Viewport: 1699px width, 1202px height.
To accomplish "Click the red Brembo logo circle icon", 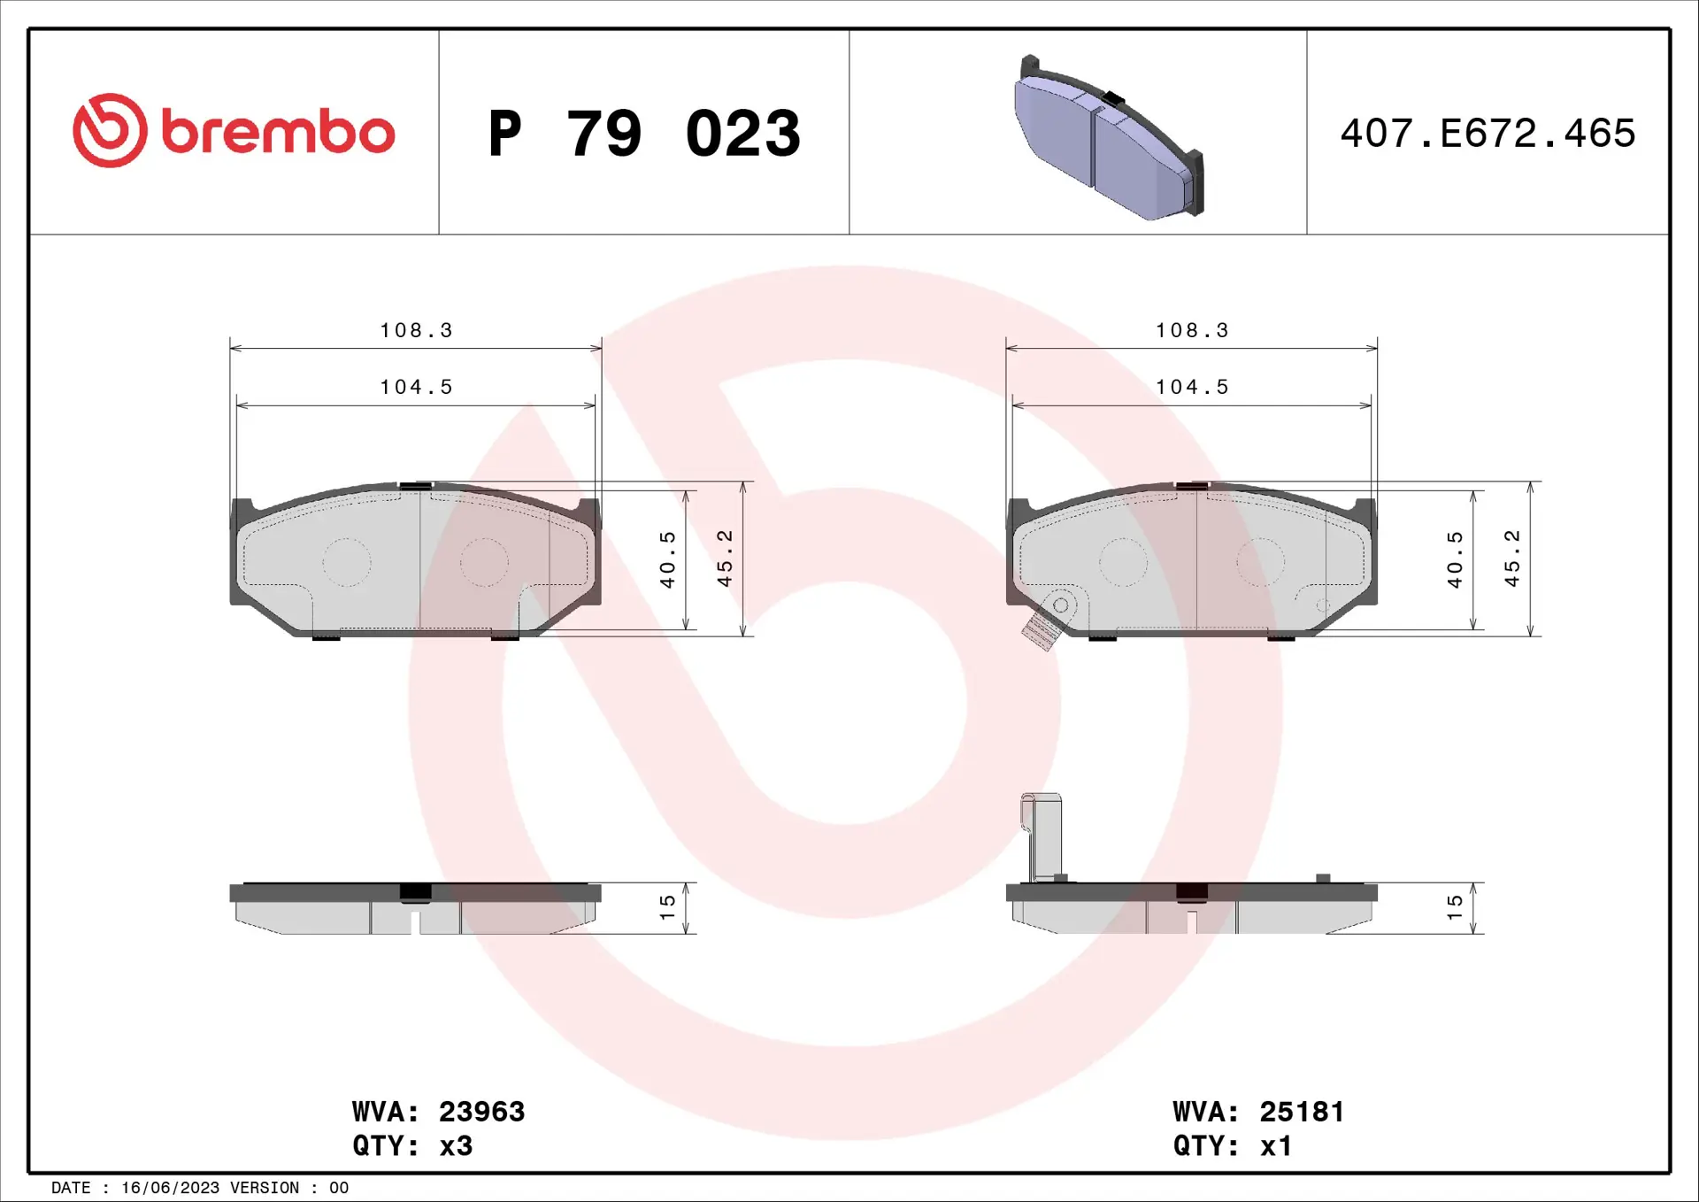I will pyautogui.click(x=110, y=131).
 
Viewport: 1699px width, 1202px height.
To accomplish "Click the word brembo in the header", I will pyautogui.click(x=278, y=133).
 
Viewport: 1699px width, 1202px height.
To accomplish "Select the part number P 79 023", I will pyautogui.click(x=644, y=134).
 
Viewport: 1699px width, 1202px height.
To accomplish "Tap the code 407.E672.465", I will pyautogui.click(x=1488, y=134).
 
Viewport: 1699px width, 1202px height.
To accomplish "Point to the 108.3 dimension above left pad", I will pyautogui.click(x=416, y=330).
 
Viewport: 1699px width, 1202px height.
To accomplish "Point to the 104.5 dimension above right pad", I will pyautogui.click(x=1192, y=387).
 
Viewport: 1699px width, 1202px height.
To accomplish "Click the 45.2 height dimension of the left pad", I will pyautogui.click(x=725, y=559).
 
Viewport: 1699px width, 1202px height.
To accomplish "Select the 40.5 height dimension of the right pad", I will pyautogui.click(x=1454, y=559).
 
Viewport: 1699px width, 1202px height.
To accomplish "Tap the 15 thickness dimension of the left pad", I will pyautogui.click(x=667, y=906).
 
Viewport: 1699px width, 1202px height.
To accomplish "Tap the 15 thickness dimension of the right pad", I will pyautogui.click(x=1454, y=906).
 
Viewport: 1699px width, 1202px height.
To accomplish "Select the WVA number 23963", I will pyautogui.click(x=481, y=1111).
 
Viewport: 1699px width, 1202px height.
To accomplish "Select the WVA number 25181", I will pyautogui.click(x=1302, y=1111).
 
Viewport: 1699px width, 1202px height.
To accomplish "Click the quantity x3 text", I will pyautogui.click(x=456, y=1145).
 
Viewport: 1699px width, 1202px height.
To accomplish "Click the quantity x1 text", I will pyautogui.click(x=1276, y=1145).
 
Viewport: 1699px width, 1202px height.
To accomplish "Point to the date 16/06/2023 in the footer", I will pyautogui.click(x=170, y=1188).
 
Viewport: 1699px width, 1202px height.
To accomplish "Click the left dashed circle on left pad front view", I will pyautogui.click(x=346, y=562).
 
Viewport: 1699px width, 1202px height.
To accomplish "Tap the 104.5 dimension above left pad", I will pyautogui.click(x=416, y=387).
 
